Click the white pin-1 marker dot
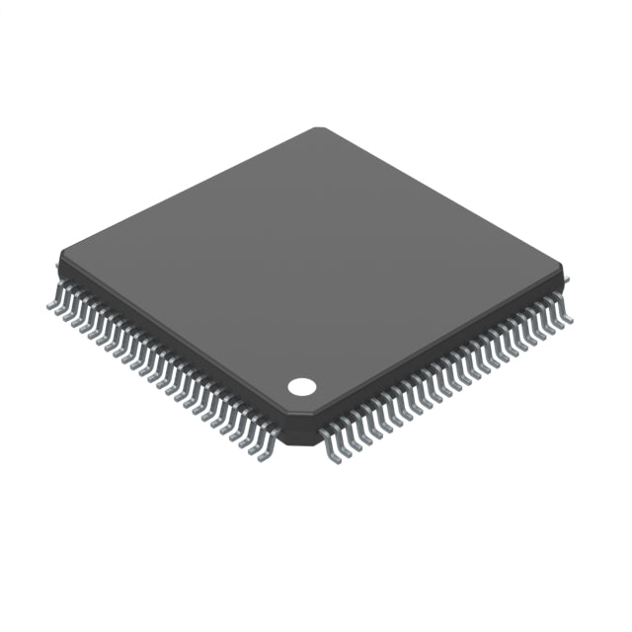coord(301,386)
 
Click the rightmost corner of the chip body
coord(567,269)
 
